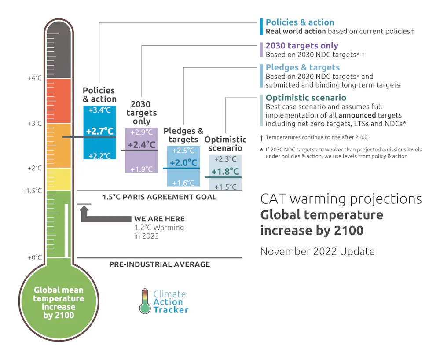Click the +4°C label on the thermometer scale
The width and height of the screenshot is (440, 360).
coord(35,78)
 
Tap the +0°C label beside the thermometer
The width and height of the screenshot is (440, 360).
coord(35,257)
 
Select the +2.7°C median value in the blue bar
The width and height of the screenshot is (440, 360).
coord(99,131)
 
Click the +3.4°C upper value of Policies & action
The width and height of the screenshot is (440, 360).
coord(99,110)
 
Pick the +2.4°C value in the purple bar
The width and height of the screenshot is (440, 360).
coord(142,144)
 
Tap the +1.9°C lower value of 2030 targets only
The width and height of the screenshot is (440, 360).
coord(142,169)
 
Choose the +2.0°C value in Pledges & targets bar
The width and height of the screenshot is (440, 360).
coord(183,162)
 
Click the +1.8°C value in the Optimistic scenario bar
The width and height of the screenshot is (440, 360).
coord(225,171)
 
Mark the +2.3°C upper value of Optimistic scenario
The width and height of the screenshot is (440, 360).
coord(225,159)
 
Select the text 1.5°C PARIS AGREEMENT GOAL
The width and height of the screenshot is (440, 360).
coord(160,197)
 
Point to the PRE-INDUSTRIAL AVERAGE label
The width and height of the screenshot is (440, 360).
coord(160,264)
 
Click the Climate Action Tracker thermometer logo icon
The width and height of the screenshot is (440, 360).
coord(144,301)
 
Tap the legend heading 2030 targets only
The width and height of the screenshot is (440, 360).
coord(302,45)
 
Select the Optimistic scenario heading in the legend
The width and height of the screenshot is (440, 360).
coord(306,98)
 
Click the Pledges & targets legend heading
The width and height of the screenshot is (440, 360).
coord(303,67)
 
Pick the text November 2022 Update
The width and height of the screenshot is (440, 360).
coord(317,251)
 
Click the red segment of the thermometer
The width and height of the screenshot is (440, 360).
coord(59,100)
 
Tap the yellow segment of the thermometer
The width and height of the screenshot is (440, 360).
coord(59,179)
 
